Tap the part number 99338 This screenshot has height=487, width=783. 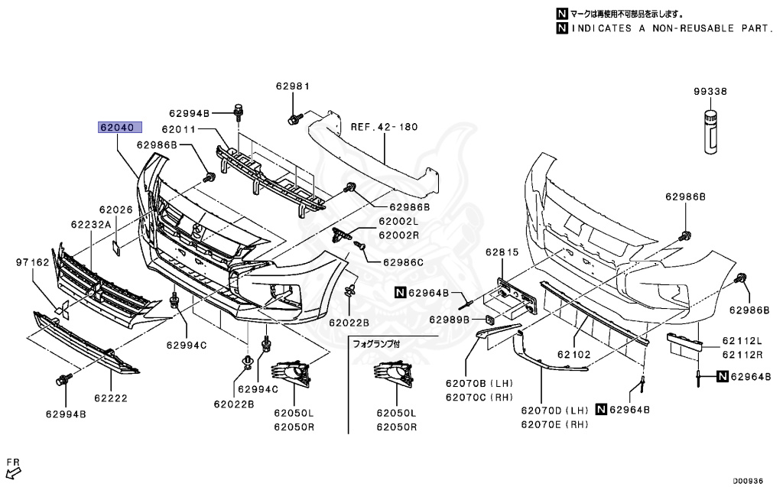coord(710,91)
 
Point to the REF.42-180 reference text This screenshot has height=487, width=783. coord(385,127)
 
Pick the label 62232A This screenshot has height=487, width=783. coord(91,224)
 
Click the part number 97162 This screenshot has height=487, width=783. coord(32,262)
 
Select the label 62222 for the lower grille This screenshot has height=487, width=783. coord(111,398)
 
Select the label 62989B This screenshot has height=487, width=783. coord(449,319)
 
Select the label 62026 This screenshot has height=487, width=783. coord(115,209)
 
